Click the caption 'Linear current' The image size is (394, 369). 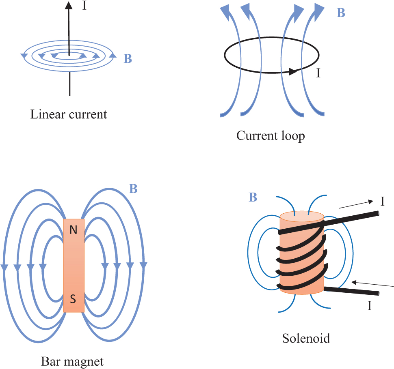point(69,114)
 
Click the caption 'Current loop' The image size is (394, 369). point(271,135)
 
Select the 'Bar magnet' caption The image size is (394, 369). point(72,360)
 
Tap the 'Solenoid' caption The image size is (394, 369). point(306,338)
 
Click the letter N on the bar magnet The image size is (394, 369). point(73,230)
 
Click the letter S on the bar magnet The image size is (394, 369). point(73,300)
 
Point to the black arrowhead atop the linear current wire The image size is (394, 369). point(69,6)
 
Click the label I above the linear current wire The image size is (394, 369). point(84,6)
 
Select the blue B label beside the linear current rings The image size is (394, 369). point(127,59)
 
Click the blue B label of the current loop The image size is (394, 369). point(341,13)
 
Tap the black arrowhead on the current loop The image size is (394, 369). point(292,72)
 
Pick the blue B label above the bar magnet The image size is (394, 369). point(133,189)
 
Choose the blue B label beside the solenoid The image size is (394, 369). point(253,197)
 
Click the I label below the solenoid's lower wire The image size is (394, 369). point(369,306)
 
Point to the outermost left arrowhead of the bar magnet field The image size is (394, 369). point(4,268)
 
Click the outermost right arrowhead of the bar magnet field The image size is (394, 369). point(143,266)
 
